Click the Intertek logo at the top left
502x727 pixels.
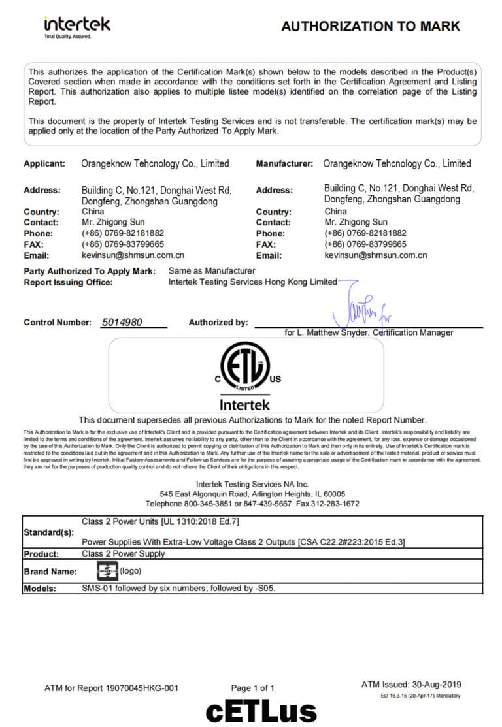point(77,26)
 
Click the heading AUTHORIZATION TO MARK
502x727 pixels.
point(370,26)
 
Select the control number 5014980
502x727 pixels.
point(122,322)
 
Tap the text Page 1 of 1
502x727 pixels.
point(253,688)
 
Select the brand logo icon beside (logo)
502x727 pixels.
point(107,570)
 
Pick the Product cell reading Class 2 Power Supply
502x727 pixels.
point(123,553)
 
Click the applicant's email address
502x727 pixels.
point(133,255)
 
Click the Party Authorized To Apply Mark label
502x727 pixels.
point(90,271)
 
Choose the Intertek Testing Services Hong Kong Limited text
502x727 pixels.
point(252,282)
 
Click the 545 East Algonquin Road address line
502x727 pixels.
point(252,494)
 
